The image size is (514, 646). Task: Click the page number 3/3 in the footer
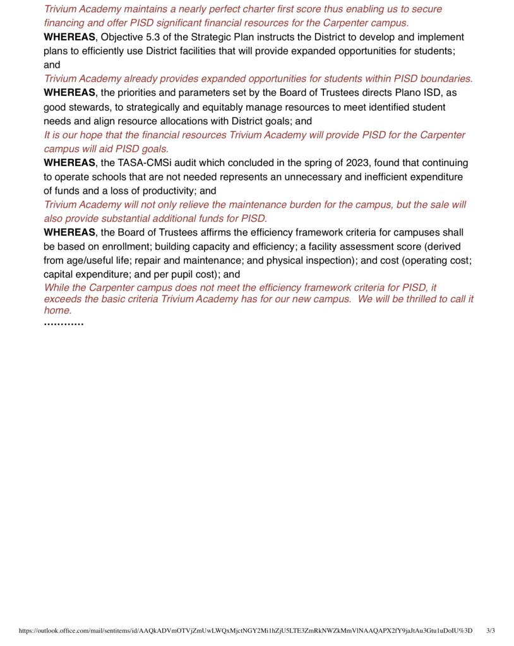click(x=491, y=630)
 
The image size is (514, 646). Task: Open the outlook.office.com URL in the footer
click(x=246, y=630)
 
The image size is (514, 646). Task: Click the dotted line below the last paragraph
click(x=64, y=324)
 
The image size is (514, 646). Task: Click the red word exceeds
click(x=62, y=299)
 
